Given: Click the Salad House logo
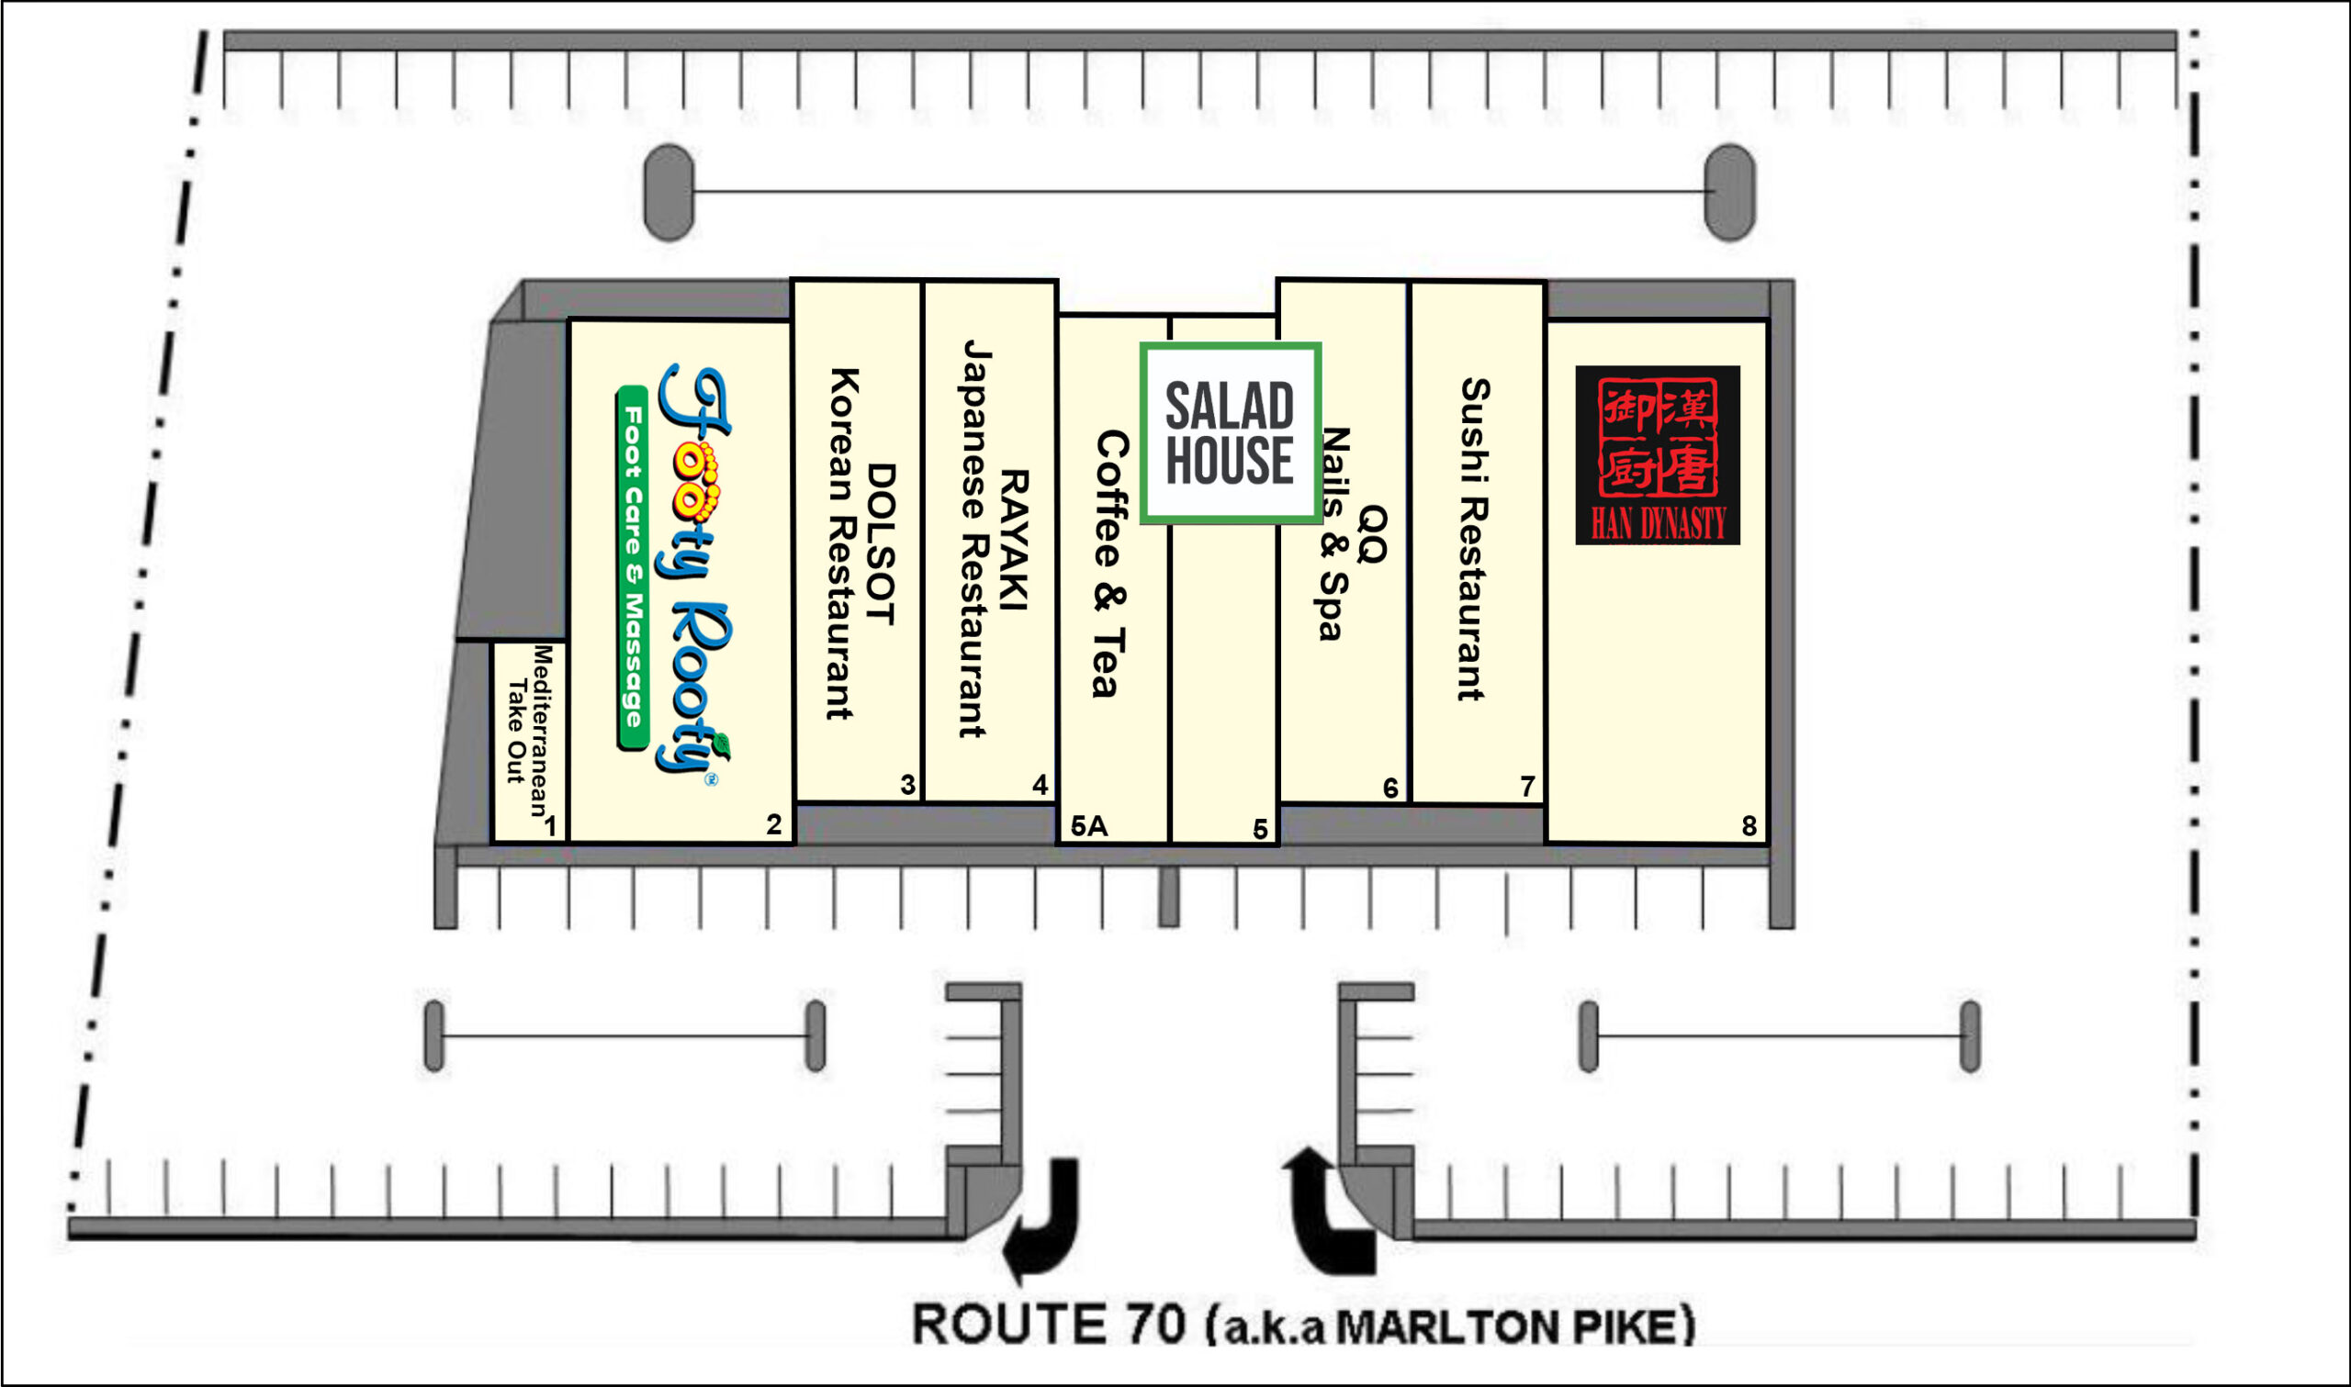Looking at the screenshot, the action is pos(1231,433).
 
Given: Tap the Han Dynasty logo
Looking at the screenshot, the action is pos(1658,455).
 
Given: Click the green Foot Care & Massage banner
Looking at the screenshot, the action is pos(633,567).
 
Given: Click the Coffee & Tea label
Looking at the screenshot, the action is pos(1110,564).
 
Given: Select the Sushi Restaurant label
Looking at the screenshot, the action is pos(1474,539).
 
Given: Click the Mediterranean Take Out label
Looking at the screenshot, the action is pos(529,730).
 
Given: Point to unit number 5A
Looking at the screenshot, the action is pos(1089,826).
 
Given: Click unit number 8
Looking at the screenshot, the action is pos(1749,826).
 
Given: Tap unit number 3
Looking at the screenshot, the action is pos(907,785).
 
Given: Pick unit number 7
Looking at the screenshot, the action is pos(1527,787).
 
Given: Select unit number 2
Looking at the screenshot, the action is pos(774,824).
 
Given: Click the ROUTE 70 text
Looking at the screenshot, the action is pos(1048,1325).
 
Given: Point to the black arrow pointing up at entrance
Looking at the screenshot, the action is pos(1327,1213).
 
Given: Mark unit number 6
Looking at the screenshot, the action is pos(1391,789).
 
